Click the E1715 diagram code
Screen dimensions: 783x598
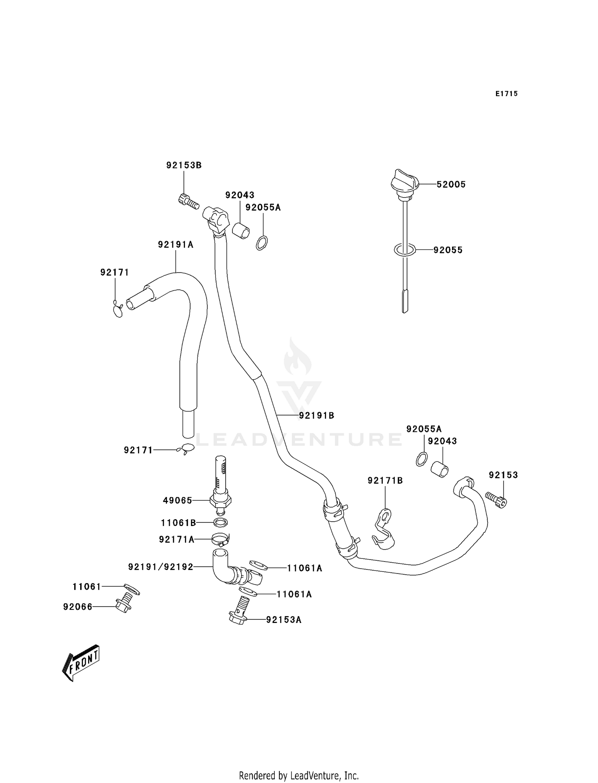coord(506,94)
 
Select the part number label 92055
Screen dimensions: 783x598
coord(448,250)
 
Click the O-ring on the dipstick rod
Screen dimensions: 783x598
coord(405,250)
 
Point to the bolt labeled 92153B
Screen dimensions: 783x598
coord(188,201)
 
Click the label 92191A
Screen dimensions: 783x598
coord(175,245)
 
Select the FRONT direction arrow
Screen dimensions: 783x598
coord(81,663)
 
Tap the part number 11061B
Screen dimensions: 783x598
coord(178,522)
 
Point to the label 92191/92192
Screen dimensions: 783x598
coord(161,567)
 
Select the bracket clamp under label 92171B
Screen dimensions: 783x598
coord(383,529)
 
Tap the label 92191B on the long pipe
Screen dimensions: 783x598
coord(317,415)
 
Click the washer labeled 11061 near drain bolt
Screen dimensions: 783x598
coord(132,589)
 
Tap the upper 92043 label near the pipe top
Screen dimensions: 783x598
coord(240,195)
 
